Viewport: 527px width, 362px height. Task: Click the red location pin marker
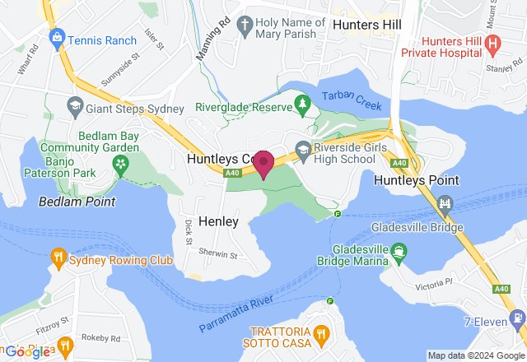263,163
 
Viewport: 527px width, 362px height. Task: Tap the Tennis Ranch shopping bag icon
56,38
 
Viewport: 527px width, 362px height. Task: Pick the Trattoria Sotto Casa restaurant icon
321,335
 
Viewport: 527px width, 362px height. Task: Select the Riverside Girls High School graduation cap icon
303,149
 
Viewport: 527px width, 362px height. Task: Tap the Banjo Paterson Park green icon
122,165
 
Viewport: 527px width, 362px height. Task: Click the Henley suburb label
219,221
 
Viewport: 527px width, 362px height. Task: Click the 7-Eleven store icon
517,317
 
